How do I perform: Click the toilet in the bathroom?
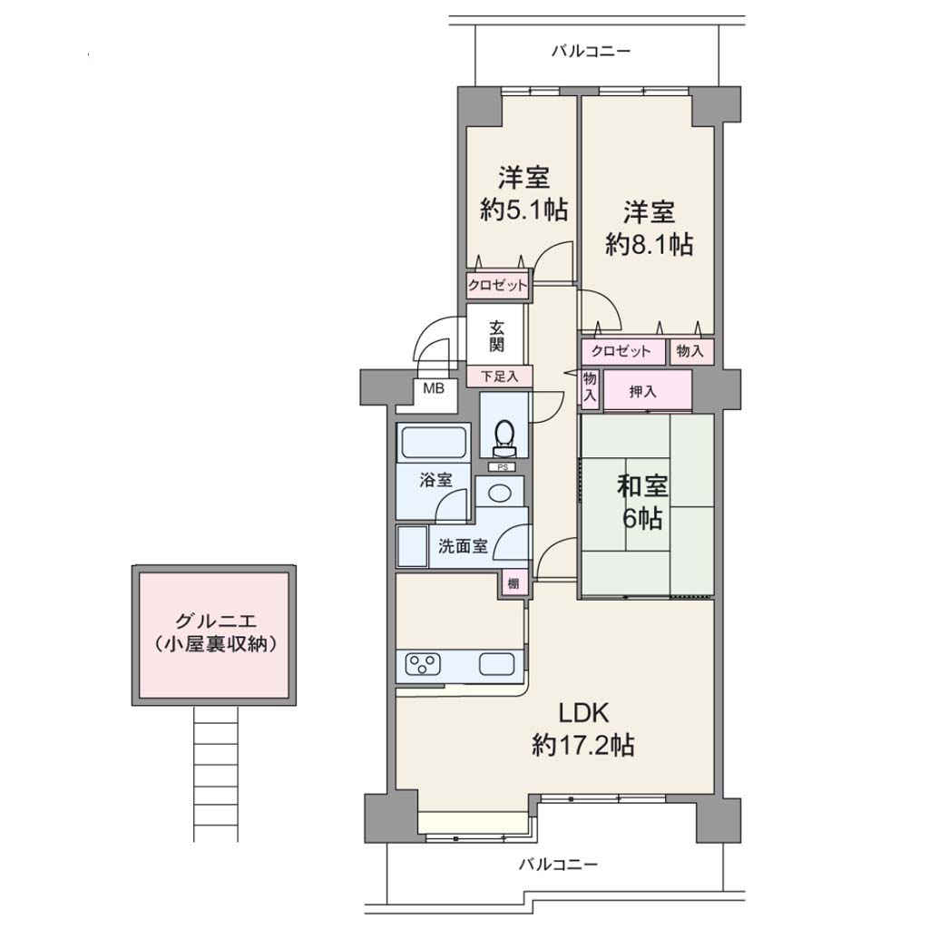(504, 438)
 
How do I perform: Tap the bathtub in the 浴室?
(433, 443)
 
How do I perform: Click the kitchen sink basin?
(496, 663)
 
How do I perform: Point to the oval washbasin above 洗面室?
(499, 492)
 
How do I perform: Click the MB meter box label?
(433, 388)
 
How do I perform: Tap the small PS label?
(502, 467)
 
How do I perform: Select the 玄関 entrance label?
(496, 337)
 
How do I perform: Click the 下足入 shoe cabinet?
(500, 376)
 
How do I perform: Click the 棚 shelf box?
(513, 583)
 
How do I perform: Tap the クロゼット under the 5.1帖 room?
(497, 286)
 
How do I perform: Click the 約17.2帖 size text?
(583, 746)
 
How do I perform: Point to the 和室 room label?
(642, 486)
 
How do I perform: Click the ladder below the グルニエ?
(216, 774)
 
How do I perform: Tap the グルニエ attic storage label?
(216, 632)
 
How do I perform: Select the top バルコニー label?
(592, 51)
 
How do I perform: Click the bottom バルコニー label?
(558, 865)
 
